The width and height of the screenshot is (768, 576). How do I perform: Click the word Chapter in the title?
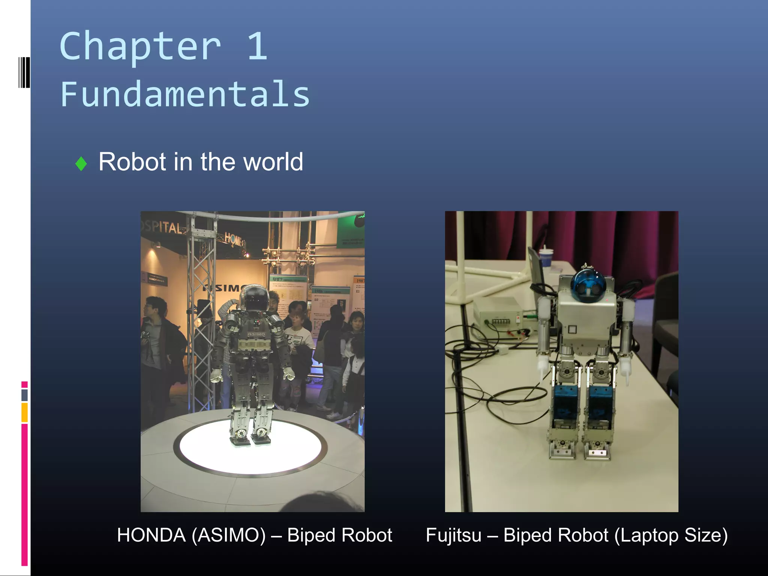pos(140,46)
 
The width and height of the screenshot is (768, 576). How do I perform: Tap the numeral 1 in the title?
pos(257,46)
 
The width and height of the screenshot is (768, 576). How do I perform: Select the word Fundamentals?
pos(185,94)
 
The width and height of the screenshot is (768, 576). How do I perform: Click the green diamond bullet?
pos(81,163)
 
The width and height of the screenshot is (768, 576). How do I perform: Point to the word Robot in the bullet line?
pos(132,162)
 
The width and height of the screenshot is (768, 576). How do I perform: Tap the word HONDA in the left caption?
pos(151,535)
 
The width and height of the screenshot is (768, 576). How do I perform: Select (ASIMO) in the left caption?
pos(229,535)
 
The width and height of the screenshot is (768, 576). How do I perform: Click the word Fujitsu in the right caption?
pos(453,535)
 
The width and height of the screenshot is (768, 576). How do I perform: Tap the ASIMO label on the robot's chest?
pos(256,334)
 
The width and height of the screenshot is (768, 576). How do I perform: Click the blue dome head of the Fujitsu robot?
pos(585,283)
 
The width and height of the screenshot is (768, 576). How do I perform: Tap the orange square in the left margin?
pos(24,412)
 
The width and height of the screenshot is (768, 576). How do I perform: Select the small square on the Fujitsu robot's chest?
pos(572,330)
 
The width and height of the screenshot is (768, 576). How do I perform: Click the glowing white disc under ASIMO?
pos(250,448)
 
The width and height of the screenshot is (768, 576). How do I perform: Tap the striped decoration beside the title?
pos(24,72)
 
